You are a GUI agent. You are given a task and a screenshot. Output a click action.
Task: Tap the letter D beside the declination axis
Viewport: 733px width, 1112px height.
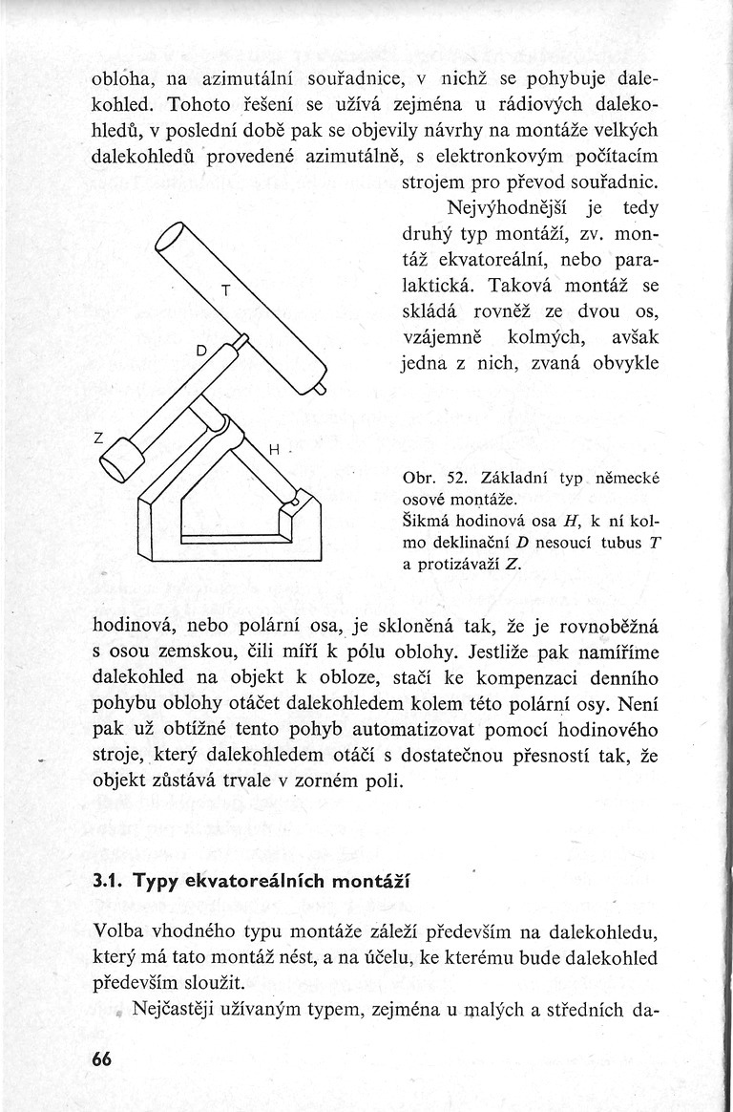coord(200,352)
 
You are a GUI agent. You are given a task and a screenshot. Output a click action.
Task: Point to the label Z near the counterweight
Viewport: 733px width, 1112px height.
coord(98,438)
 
